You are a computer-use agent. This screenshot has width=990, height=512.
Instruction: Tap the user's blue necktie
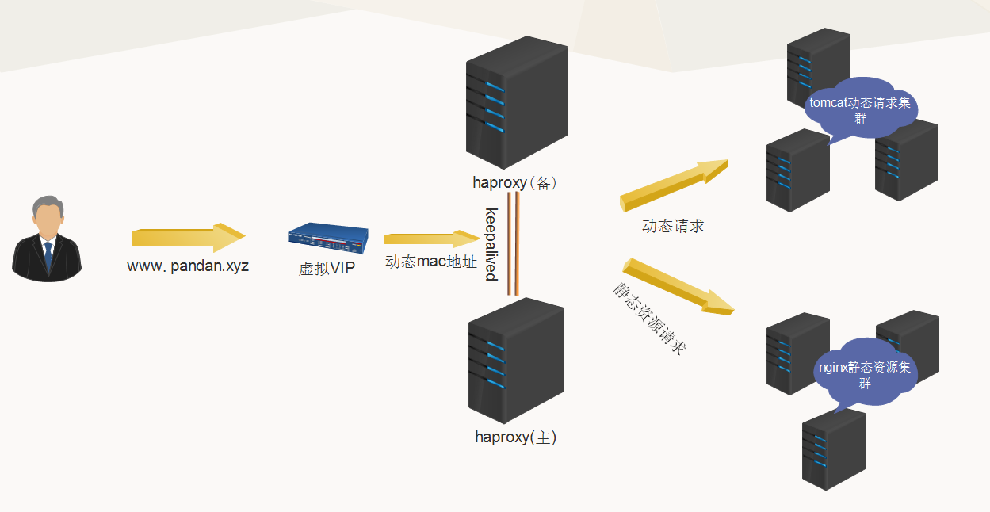pyautogui.click(x=48, y=256)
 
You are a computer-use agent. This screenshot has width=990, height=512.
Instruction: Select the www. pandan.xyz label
pyautogui.click(x=188, y=266)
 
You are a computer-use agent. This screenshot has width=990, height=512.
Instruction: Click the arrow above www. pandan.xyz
pyautogui.click(x=189, y=237)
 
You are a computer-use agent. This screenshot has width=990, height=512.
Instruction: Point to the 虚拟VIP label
pyautogui.click(x=327, y=269)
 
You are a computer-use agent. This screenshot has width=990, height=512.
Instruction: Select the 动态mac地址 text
pyautogui.click(x=431, y=262)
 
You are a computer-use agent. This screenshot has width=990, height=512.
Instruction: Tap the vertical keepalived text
pyautogui.click(x=491, y=244)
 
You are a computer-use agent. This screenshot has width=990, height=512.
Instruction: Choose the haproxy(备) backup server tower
pyautogui.click(x=517, y=103)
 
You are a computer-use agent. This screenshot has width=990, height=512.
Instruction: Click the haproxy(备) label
pyautogui.click(x=515, y=183)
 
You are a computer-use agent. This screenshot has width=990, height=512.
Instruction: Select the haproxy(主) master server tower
pyautogui.click(x=516, y=361)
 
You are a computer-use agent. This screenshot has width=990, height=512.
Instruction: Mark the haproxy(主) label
pyautogui.click(x=515, y=437)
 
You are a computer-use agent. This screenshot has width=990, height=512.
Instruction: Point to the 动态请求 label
pyautogui.click(x=673, y=226)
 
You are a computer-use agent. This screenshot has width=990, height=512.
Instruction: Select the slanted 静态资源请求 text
pyautogui.click(x=648, y=318)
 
